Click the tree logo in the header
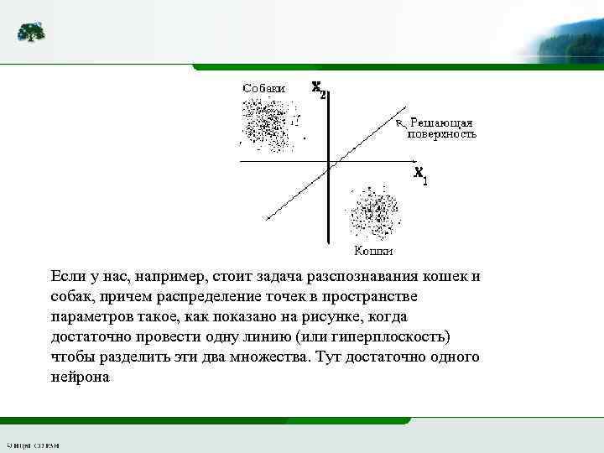pos(32,33)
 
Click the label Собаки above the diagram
pos(263,87)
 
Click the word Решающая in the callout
pos(441,122)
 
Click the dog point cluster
pos(266,123)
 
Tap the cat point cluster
pos(375,215)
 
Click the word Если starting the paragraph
pos(66,277)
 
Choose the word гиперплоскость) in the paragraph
pos(393,337)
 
